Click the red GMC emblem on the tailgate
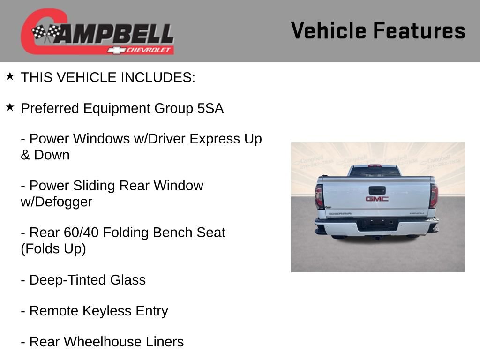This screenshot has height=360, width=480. point(377,199)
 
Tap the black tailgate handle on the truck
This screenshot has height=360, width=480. point(377,190)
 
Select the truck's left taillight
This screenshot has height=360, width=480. point(319,196)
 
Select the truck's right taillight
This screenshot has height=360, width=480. point(434,196)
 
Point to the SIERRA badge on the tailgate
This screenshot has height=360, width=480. point(340,214)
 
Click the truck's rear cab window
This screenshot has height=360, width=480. point(375,172)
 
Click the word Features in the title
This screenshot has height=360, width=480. point(419,31)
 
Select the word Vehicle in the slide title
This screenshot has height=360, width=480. point(328,31)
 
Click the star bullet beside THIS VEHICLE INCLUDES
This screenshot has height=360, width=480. point(10,76)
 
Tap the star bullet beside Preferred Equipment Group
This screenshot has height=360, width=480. point(10,107)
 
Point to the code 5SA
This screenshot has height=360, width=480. point(210,109)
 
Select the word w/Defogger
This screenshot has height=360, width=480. point(56,202)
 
